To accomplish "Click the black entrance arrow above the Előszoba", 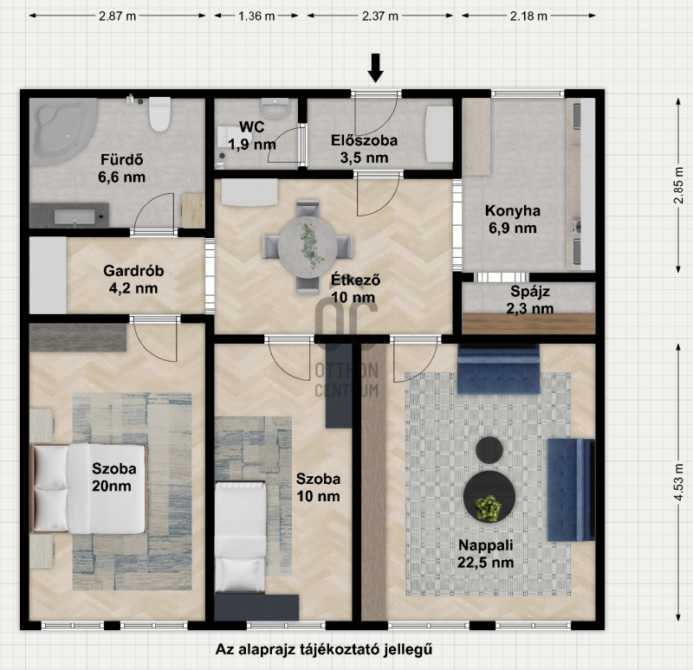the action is (376, 68).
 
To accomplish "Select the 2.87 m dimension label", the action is (118, 16).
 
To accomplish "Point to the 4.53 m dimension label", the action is (678, 481).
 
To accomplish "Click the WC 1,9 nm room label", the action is (252, 136).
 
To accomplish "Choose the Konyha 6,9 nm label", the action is (513, 220).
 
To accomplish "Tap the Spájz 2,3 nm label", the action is (530, 300).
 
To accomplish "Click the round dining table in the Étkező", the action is (308, 247).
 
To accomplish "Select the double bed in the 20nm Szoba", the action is (88, 488).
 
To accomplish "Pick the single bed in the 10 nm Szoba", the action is (241, 537).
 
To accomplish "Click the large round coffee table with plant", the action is (489, 496).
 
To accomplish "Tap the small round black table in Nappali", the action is (489, 450).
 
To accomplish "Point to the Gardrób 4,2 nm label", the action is (133, 279).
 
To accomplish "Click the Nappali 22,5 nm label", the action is (486, 554).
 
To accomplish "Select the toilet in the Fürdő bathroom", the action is (159, 114).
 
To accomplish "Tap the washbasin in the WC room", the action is (275, 108).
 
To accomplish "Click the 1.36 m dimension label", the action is (256, 16).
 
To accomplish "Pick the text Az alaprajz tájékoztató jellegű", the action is (324, 649).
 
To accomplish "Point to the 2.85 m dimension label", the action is (678, 185).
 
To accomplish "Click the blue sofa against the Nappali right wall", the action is (571, 490).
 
